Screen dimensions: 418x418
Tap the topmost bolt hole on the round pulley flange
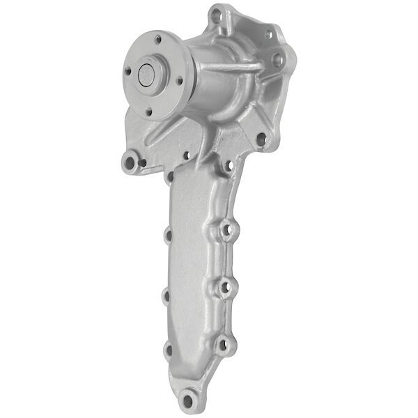coord(158,39)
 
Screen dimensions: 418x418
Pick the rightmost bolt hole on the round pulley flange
coord(180,82)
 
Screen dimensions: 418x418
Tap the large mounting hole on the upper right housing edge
coord(277,60)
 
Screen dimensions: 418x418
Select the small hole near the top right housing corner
coord(268,32)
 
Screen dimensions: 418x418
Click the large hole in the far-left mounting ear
coord(129,164)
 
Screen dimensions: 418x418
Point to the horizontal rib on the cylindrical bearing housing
coord(230,67)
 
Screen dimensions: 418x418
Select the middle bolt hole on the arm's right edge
coord(225,286)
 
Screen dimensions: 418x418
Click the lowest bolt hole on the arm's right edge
coord(223,343)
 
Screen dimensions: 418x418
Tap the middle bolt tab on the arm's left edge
coord(167,297)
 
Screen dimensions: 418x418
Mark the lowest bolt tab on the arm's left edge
coord(168,350)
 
